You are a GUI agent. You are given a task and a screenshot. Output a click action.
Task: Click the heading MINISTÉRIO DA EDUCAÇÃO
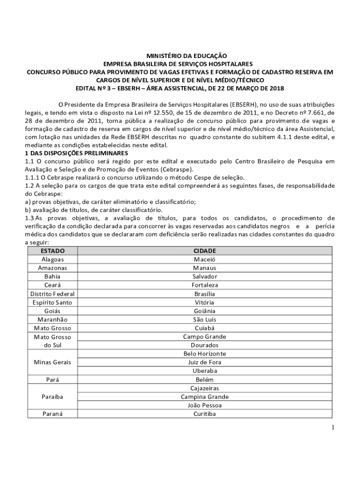[x=180, y=55]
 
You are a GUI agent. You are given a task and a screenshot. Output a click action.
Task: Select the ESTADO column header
[x=52, y=251]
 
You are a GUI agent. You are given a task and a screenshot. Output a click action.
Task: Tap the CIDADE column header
[x=205, y=251]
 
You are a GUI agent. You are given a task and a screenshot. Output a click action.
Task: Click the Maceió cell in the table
[x=205, y=259]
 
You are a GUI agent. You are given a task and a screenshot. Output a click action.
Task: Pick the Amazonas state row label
[x=52, y=268]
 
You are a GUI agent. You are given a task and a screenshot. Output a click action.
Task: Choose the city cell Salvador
[x=205, y=276]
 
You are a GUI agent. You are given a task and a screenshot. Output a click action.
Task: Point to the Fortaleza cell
[x=205, y=285]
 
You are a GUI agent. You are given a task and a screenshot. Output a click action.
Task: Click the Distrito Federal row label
[x=52, y=294]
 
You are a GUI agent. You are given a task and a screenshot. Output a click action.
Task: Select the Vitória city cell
[x=205, y=302]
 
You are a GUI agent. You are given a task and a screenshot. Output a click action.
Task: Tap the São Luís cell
[x=205, y=319]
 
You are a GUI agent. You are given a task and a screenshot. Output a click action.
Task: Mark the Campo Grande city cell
[x=205, y=337]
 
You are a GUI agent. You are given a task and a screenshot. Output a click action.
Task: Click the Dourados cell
[x=205, y=345]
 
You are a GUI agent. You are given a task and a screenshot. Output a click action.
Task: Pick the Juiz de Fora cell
[x=205, y=362]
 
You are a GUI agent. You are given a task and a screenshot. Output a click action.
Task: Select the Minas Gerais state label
[x=52, y=362]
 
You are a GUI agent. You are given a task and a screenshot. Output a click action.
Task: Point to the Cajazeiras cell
[x=205, y=388]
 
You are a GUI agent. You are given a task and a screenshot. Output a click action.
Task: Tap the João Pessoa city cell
[x=205, y=406]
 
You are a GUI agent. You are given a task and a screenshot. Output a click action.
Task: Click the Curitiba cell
[x=205, y=414]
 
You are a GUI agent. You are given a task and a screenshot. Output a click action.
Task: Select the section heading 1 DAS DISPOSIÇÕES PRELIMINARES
[x=76, y=153]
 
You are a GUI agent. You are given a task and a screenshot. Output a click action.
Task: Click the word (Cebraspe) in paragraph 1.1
[x=176, y=169]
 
